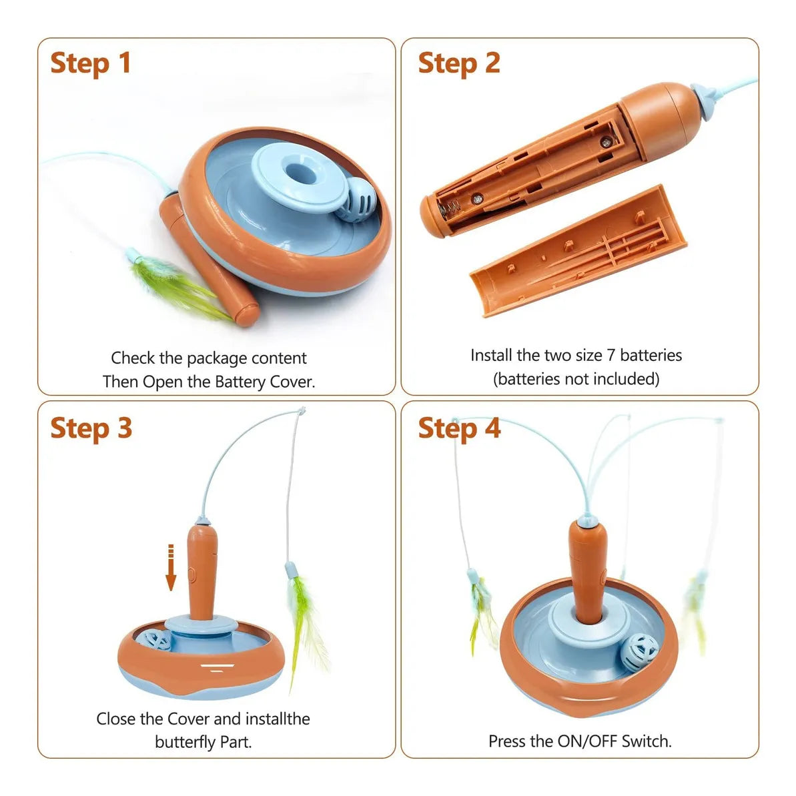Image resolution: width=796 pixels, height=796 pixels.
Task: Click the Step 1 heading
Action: coord(91,63)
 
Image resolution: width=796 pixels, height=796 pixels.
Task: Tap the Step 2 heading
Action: coord(459,63)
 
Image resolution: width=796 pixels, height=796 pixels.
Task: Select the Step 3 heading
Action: coord(91,428)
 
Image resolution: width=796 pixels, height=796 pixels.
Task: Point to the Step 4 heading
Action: coord(459,428)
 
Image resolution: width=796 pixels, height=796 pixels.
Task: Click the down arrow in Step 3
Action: coord(171,568)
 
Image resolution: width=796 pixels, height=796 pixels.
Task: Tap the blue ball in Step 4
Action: coord(639,653)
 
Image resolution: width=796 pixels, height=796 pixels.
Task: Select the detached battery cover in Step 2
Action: coord(578,252)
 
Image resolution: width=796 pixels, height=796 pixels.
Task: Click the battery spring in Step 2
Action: coord(449,209)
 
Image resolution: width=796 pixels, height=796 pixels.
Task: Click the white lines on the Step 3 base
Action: coord(218,667)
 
